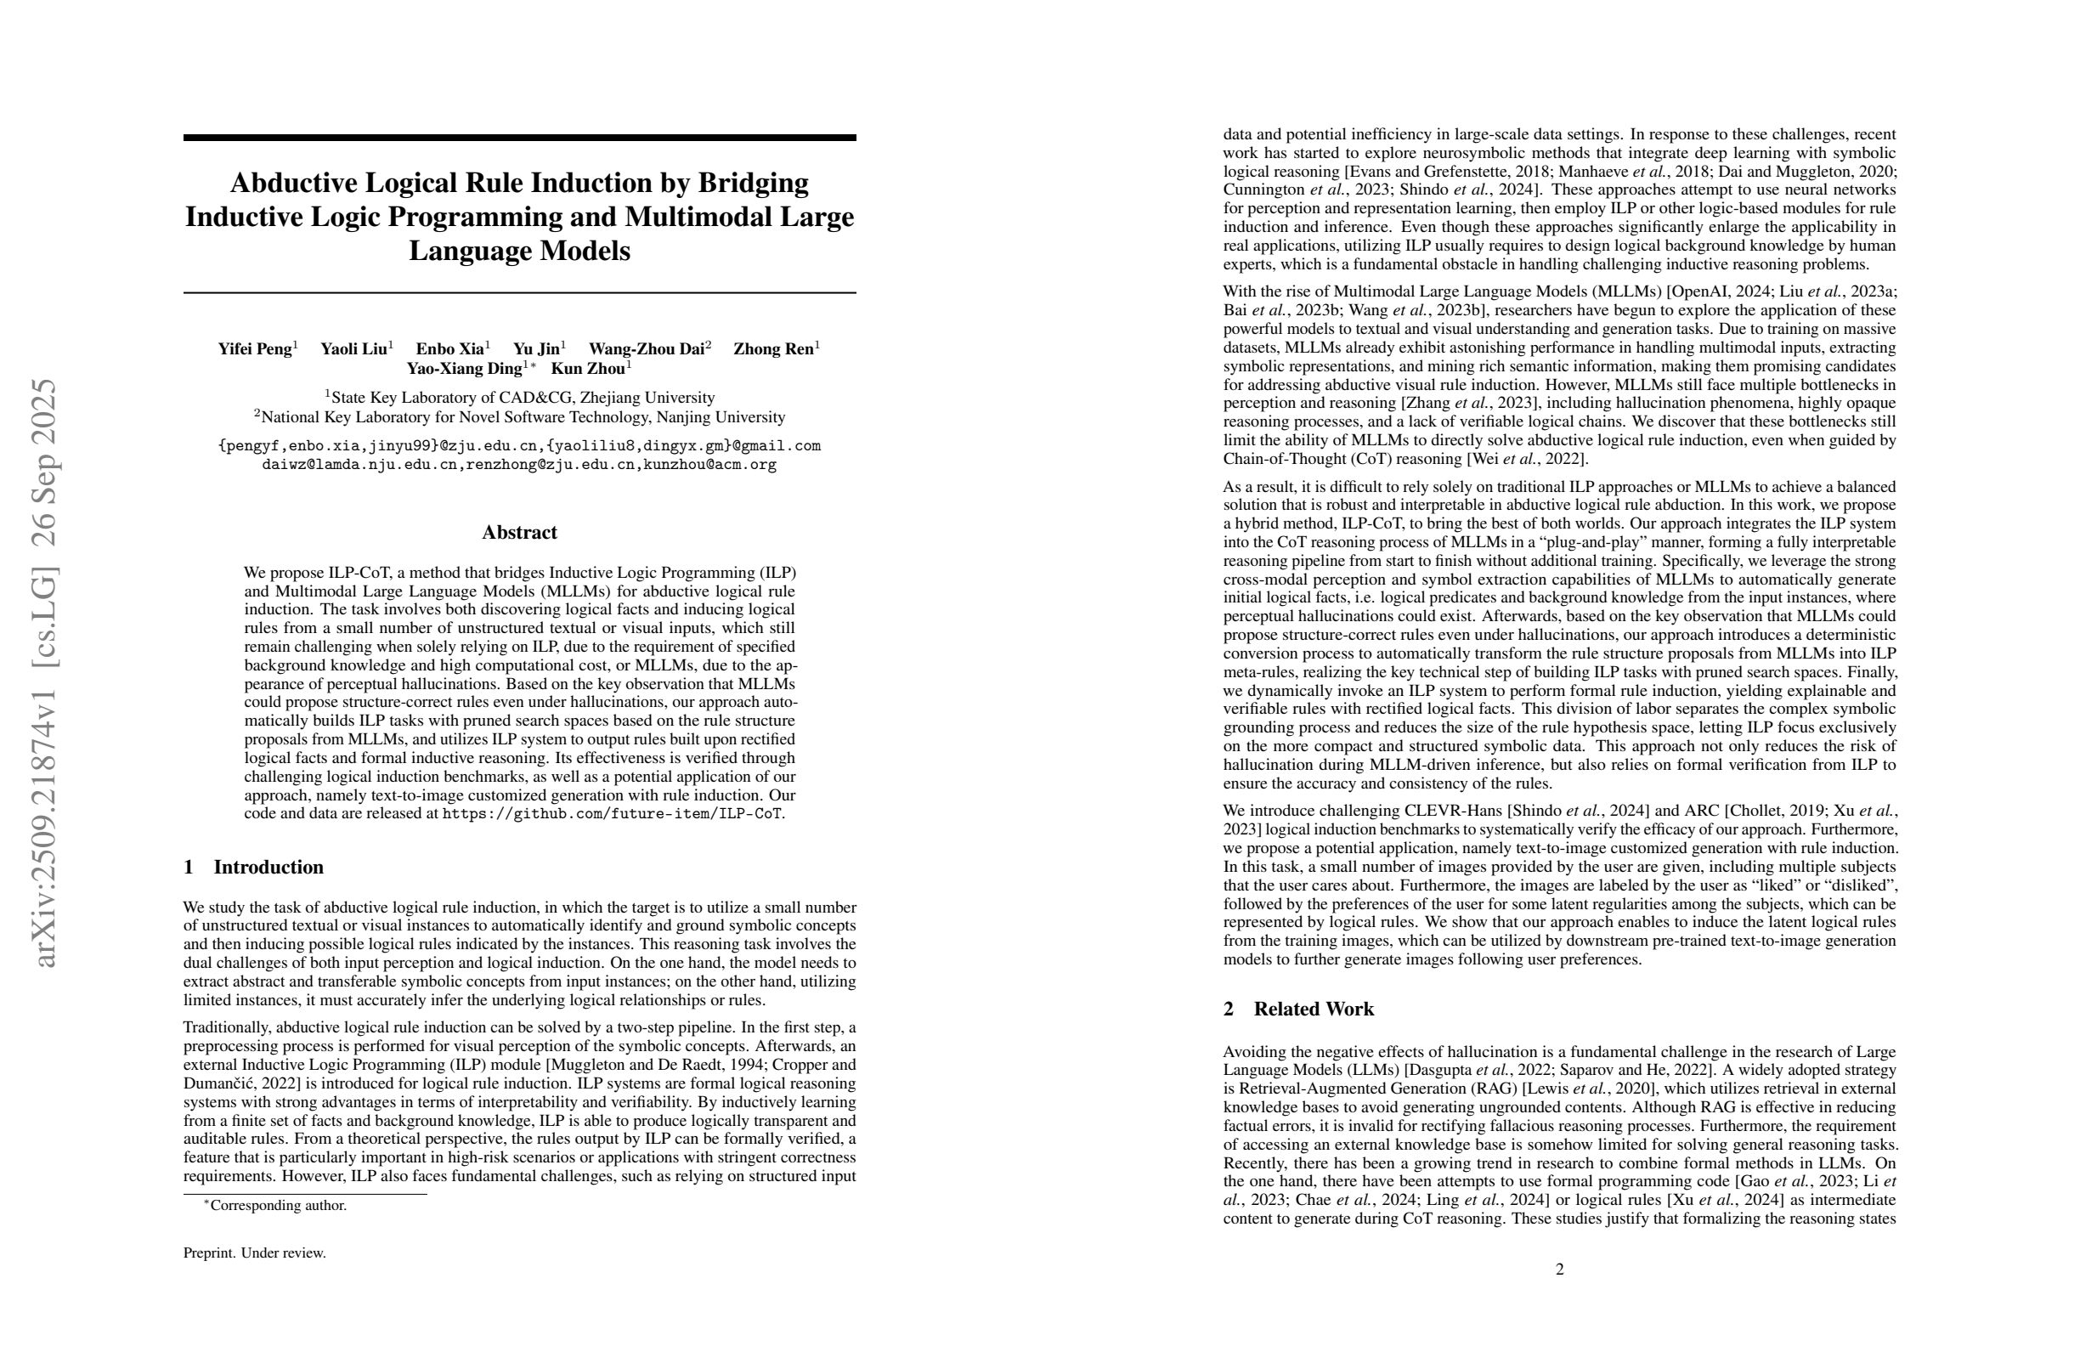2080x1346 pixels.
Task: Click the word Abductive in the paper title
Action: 293,184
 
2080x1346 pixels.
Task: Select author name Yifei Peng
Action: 254,349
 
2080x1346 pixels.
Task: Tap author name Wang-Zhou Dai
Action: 646,349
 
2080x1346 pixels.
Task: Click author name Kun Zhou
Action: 587,369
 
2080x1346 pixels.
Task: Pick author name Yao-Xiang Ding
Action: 464,369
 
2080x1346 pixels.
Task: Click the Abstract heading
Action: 519,532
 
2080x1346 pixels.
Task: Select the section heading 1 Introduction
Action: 253,867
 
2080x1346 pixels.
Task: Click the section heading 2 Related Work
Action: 1297,1009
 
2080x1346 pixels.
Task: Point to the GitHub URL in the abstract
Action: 613,814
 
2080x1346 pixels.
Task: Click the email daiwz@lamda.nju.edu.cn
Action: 360,465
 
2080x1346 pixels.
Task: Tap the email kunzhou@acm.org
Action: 709,465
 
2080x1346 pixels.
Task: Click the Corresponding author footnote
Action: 277,1205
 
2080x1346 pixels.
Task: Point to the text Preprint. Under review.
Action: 254,1253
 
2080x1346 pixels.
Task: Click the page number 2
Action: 1559,1269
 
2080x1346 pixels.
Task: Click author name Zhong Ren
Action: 774,349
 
